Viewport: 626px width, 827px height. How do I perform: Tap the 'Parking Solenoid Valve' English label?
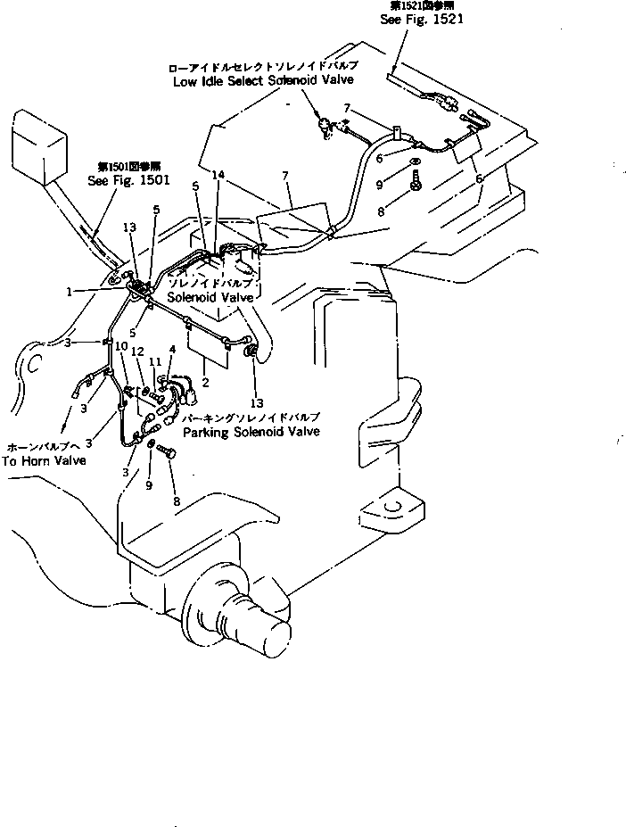point(251,431)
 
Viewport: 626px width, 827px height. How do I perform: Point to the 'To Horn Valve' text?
point(45,460)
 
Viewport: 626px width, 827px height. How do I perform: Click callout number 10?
point(121,344)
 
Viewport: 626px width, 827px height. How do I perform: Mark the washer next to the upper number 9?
point(416,166)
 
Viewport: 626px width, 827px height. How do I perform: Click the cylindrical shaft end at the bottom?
point(271,636)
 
